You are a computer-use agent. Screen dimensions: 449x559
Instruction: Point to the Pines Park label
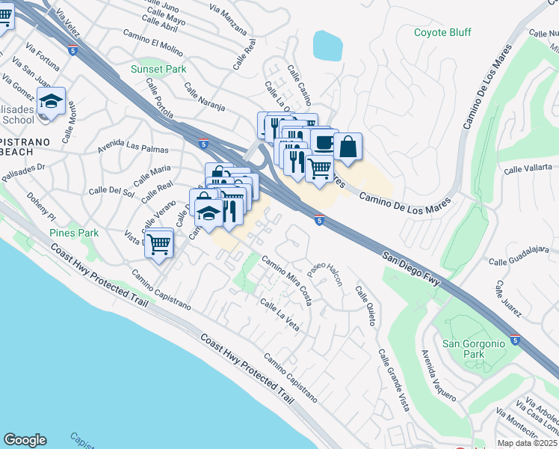click(74, 233)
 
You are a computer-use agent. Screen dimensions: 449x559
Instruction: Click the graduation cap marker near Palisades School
click(51, 101)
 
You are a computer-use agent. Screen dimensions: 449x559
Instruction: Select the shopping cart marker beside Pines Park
click(158, 242)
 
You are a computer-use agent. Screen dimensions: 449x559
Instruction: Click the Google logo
click(25, 440)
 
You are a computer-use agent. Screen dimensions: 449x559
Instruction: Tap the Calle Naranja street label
click(204, 97)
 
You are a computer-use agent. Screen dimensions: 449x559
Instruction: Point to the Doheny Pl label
click(41, 204)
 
